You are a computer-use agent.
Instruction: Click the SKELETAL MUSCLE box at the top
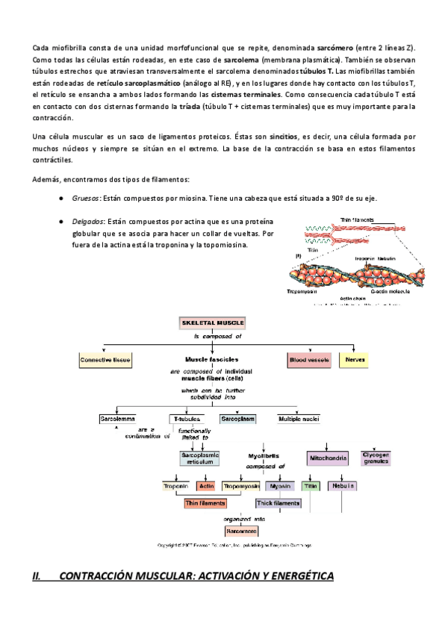click(x=212, y=323)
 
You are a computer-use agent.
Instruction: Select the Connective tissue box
click(x=105, y=361)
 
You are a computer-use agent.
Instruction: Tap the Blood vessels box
click(x=308, y=361)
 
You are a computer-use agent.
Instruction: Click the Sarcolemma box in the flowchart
click(x=115, y=419)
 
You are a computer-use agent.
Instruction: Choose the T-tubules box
click(x=184, y=419)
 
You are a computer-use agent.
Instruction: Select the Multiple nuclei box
click(x=299, y=419)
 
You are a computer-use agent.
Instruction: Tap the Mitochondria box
click(x=326, y=455)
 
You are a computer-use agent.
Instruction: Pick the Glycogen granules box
click(x=376, y=458)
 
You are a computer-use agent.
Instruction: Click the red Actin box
click(x=206, y=486)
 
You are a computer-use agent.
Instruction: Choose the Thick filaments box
click(x=278, y=504)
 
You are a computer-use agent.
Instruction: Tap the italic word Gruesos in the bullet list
click(x=85, y=199)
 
